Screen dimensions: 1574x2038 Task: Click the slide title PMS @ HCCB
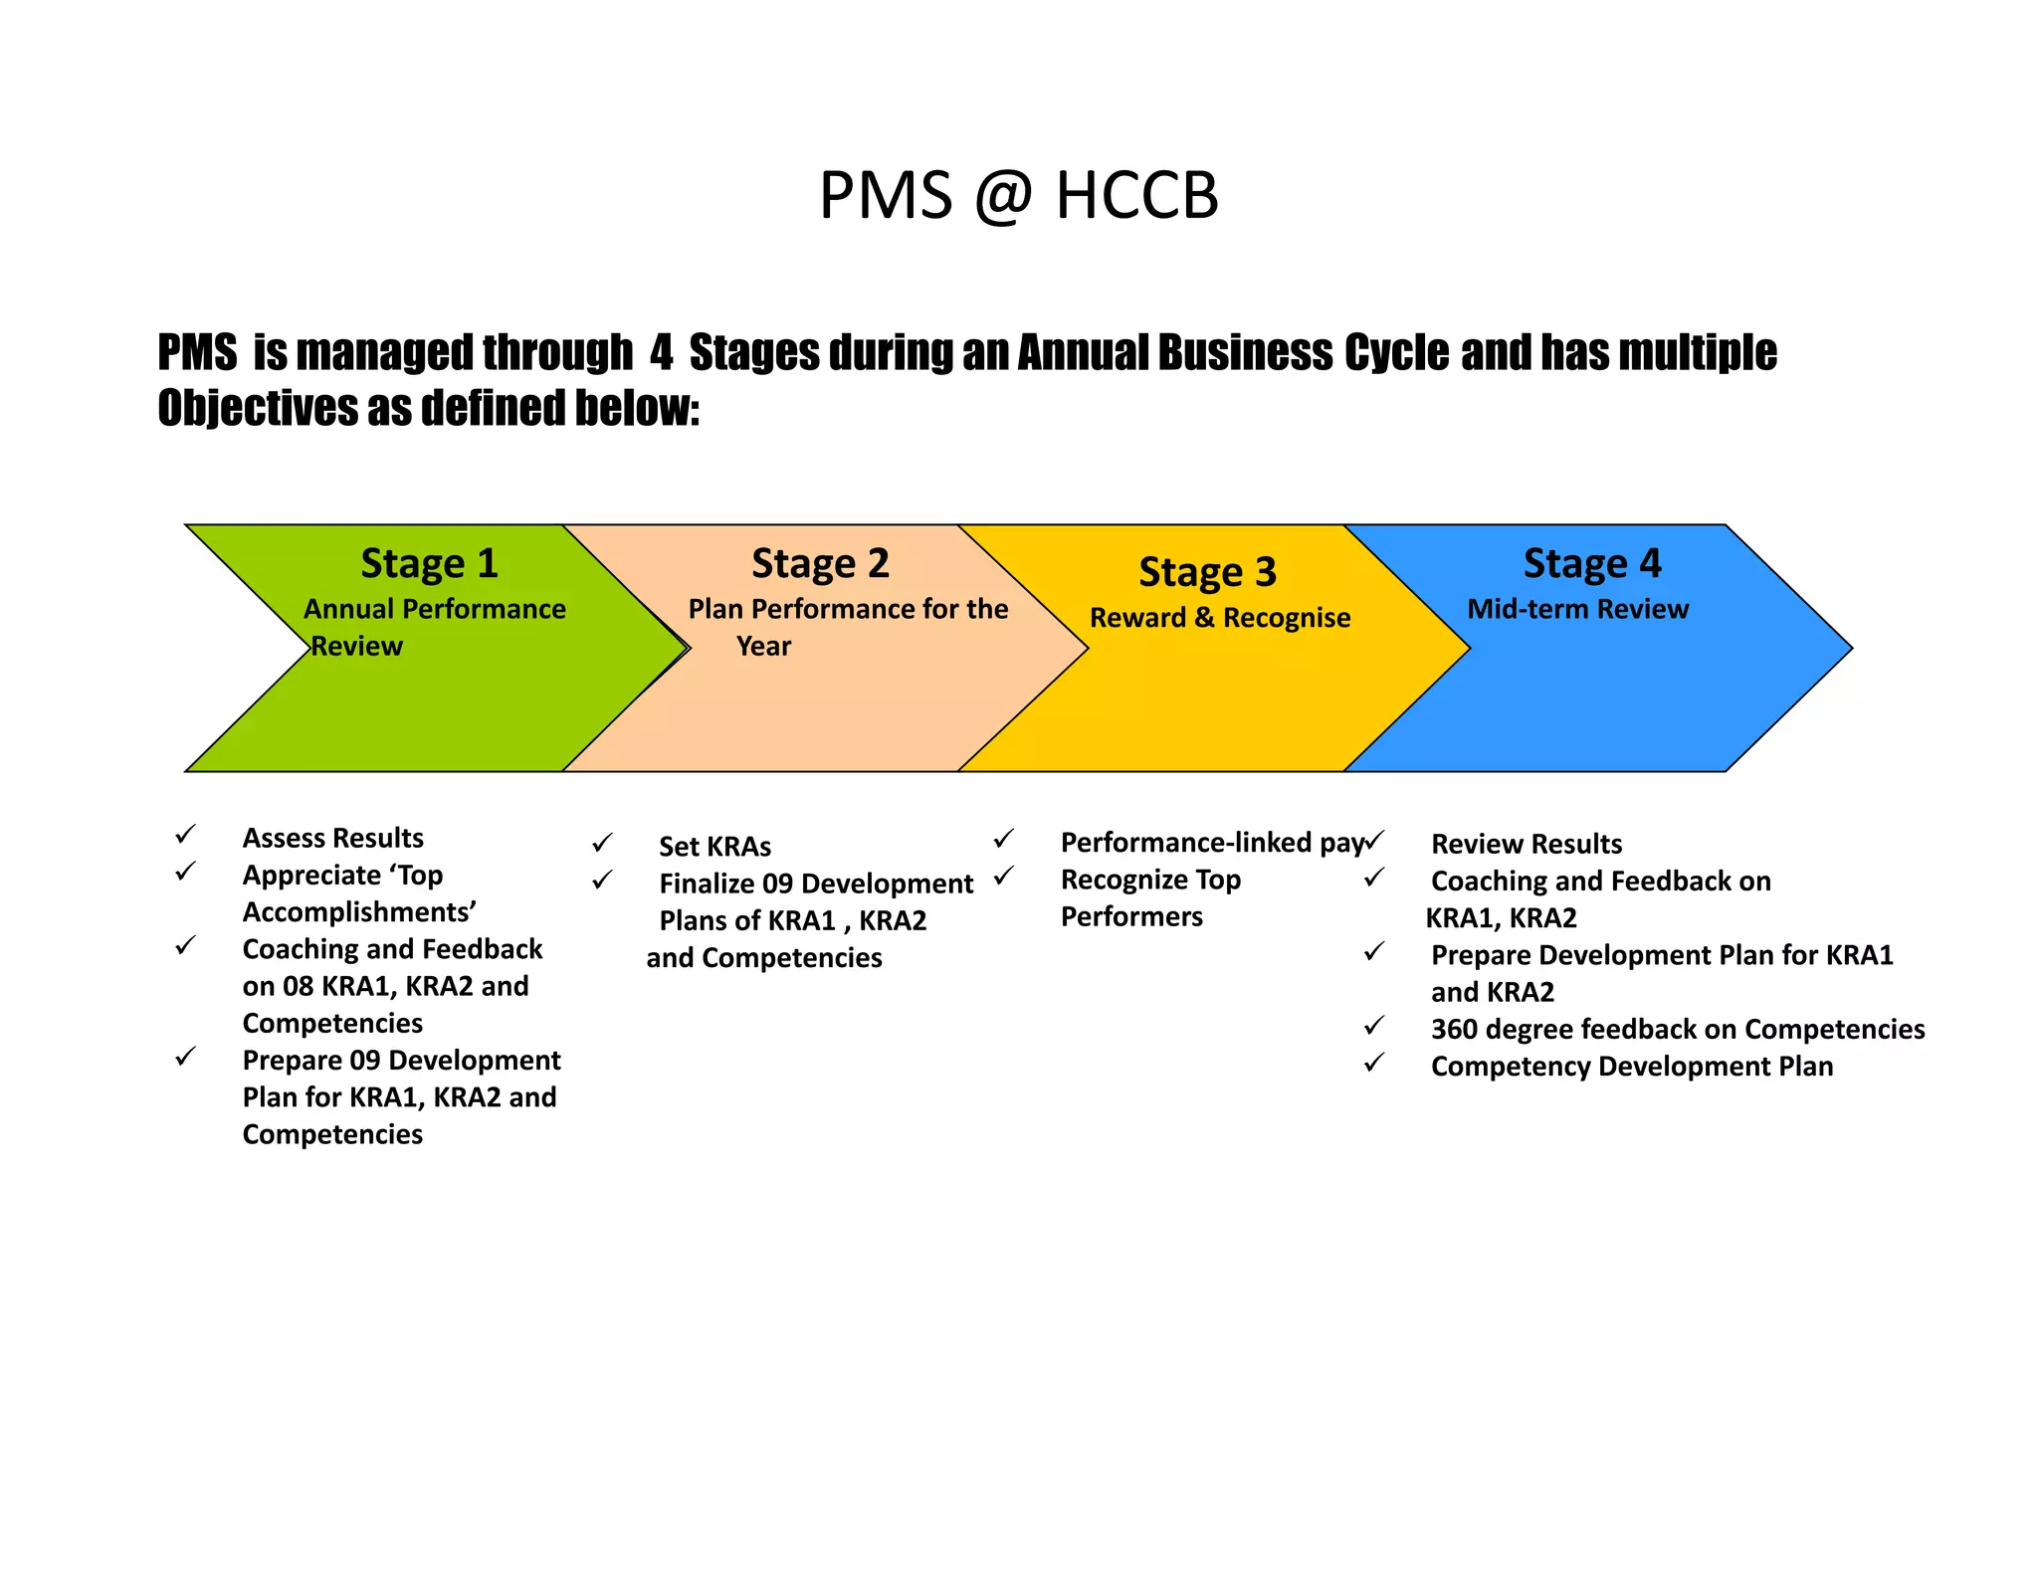coord(1018,195)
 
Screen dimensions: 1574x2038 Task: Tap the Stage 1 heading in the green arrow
coord(429,563)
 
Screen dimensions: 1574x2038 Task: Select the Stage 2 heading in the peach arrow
coord(820,563)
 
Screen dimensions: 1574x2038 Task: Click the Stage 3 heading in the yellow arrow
coord(1207,572)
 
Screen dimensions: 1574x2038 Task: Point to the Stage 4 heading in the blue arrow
coord(1592,563)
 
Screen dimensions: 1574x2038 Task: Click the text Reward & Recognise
coord(1220,618)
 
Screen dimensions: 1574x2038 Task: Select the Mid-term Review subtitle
coord(1577,609)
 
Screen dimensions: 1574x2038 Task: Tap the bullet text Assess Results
coord(332,838)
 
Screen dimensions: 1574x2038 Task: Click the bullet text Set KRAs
coord(714,847)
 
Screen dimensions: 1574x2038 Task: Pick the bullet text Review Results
coord(1526,844)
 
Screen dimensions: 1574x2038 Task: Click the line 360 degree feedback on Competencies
coord(1677,1029)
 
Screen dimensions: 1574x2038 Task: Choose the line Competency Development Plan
coord(1631,1067)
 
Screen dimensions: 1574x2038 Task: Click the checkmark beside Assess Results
coord(186,834)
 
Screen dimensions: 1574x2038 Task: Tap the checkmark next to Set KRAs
coord(602,844)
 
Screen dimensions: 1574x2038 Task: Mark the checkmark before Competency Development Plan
coord(1374,1063)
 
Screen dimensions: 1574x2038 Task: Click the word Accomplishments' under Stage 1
coord(359,912)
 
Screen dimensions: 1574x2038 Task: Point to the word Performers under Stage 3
coord(1131,916)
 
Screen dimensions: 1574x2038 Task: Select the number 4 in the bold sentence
coord(661,353)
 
